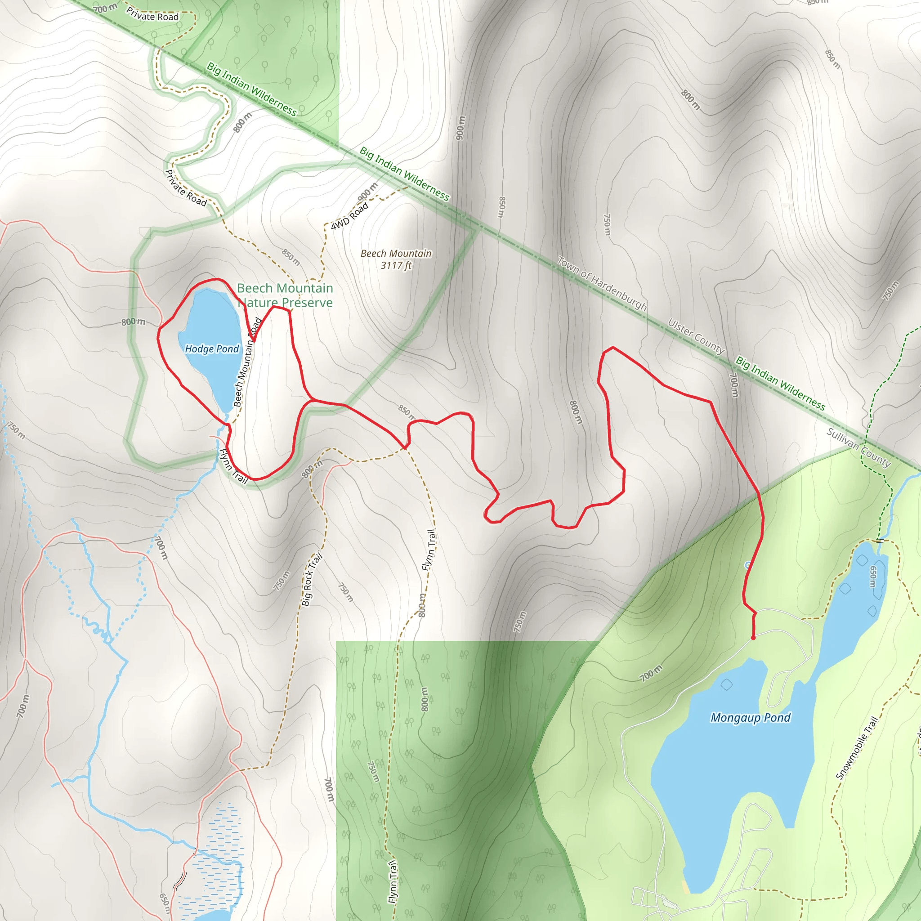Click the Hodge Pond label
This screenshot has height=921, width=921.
[212, 349]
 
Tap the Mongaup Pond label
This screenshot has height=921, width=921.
[751, 717]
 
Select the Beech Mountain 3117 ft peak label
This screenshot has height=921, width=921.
[396, 259]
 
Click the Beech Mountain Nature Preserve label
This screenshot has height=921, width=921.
[285, 295]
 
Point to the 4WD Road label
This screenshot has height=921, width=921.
[349, 216]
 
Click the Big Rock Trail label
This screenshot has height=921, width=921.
[312, 579]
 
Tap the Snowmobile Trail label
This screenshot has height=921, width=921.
[857, 747]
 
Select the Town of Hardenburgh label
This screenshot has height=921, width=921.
[602, 283]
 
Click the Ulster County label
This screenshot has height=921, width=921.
[696, 336]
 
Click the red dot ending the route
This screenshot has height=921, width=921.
[753, 638]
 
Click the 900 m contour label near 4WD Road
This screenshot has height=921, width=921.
[367, 192]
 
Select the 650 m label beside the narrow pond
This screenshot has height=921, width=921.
[873, 577]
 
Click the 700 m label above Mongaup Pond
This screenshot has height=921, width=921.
[651, 673]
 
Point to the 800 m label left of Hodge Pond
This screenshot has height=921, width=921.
[133, 322]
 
